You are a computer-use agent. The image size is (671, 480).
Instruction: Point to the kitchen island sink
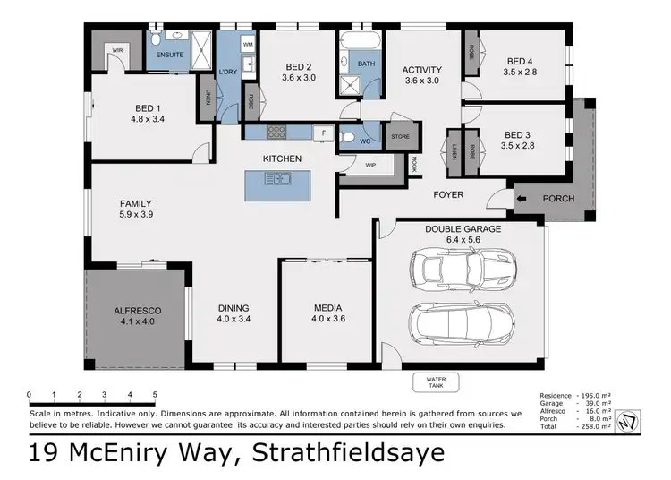pyautogui.click(x=277, y=179)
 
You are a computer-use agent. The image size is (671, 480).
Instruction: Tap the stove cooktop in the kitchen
pyautogui.click(x=276, y=133)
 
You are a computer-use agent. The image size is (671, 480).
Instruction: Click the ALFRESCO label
pyautogui.click(x=137, y=311)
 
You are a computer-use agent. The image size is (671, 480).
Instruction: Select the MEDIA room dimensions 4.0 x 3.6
pyautogui.click(x=327, y=321)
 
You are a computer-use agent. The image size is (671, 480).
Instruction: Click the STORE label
pyautogui.click(x=400, y=137)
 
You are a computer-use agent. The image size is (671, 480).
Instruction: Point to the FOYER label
pyautogui.click(x=448, y=193)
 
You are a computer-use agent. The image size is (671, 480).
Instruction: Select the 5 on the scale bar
pyautogui.click(x=155, y=395)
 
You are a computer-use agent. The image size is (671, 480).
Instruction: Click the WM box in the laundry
pyautogui.click(x=248, y=44)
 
